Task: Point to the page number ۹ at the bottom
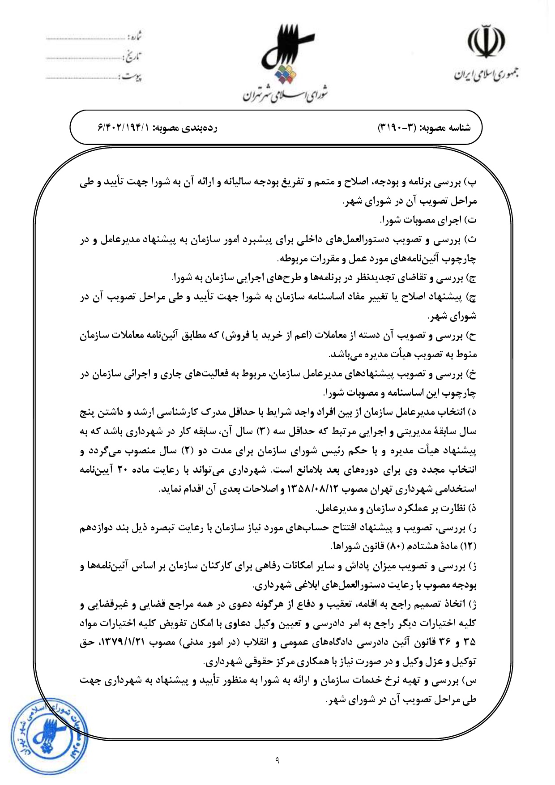point(277,759)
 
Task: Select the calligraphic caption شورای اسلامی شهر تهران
point(286,94)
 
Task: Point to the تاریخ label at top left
point(133,57)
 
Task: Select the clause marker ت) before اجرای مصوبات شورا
point(472,221)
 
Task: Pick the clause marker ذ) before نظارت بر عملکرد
point(472,509)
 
